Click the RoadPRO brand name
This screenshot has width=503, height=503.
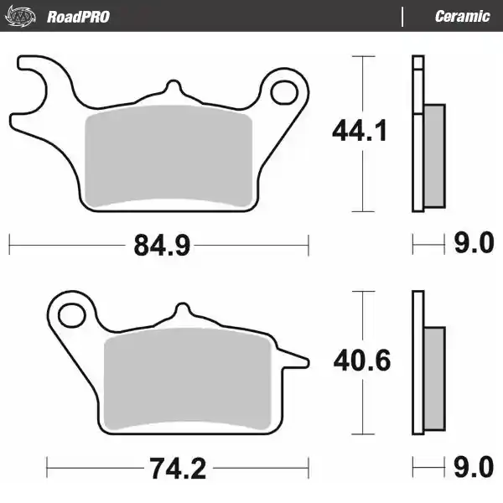[x=78, y=17]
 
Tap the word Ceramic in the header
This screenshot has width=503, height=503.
[x=462, y=17]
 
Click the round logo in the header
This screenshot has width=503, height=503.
[x=20, y=16]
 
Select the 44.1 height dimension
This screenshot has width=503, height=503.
[x=360, y=131]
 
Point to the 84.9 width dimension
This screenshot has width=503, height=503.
[x=162, y=245]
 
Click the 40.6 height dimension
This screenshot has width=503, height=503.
[x=362, y=360]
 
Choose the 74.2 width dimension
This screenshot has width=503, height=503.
[x=178, y=469]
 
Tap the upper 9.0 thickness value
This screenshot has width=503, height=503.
[x=474, y=242]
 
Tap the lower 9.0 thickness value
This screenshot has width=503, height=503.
[x=474, y=467]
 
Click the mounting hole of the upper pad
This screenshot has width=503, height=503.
[x=284, y=92]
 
